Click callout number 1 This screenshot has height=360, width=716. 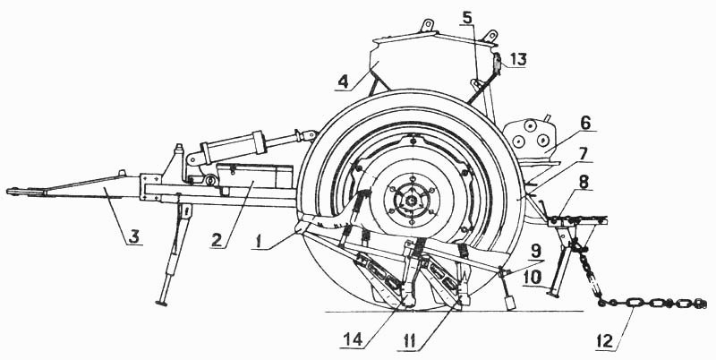coord(259,240)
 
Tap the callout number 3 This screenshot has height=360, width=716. coord(133,237)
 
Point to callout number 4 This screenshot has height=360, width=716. coord(343,82)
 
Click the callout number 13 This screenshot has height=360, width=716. coord(518,59)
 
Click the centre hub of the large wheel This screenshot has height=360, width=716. coord(412,200)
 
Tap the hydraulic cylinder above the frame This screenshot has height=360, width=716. coord(233,147)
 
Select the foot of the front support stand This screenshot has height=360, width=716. coord(161,303)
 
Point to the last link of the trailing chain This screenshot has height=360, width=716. coord(700,304)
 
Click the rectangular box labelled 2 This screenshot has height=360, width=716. coord(254,176)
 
